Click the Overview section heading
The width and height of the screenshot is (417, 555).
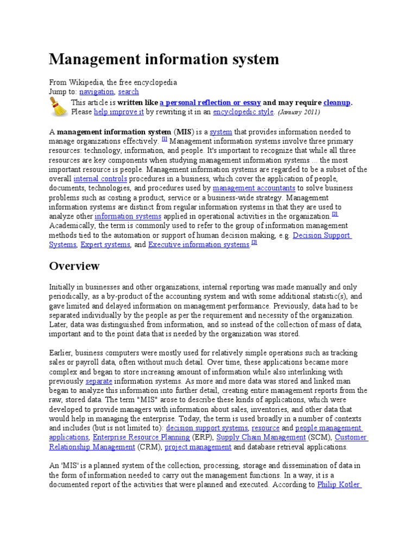(x=74, y=266)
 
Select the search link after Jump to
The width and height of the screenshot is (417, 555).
(x=129, y=92)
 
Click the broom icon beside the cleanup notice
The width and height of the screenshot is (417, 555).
(x=59, y=107)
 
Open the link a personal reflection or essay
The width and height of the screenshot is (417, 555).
(x=210, y=102)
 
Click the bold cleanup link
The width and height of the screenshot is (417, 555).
(x=337, y=102)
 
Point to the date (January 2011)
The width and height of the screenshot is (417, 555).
(x=299, y=113)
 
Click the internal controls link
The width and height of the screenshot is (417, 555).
(x=100, y=178)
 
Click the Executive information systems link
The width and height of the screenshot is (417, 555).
(x=199, y=244)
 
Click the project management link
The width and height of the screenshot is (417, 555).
(x=198, y=447)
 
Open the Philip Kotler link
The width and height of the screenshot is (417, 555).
(x=338, y=485)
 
